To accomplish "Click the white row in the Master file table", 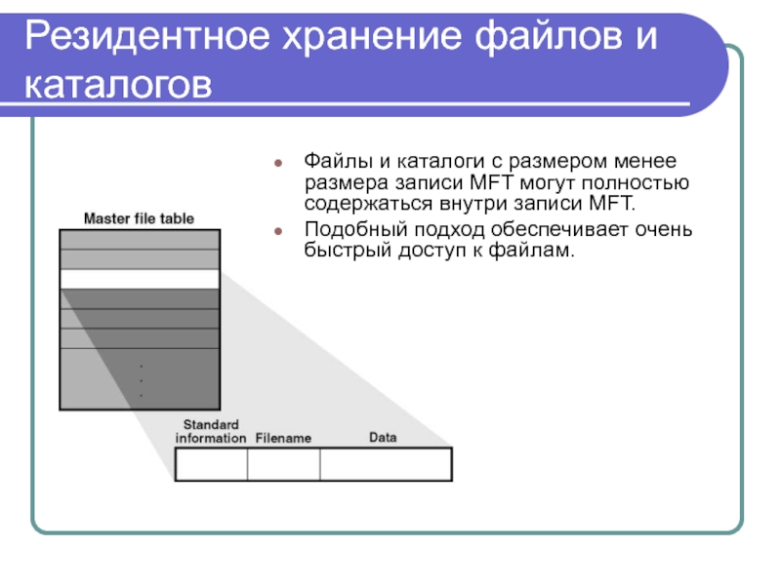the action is click(139, 279).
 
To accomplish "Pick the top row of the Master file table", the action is click(139, 239).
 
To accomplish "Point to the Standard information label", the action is click(210, 431).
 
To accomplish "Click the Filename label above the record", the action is click(283, 439).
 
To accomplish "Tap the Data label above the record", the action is click(383, 438).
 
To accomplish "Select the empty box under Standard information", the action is click(211, 463).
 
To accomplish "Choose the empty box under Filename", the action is click(283, 463).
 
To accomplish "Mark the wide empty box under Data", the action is click(386, 463).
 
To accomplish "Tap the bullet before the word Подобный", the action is click(279, 231).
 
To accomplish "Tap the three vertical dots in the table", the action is click(141, 380).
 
